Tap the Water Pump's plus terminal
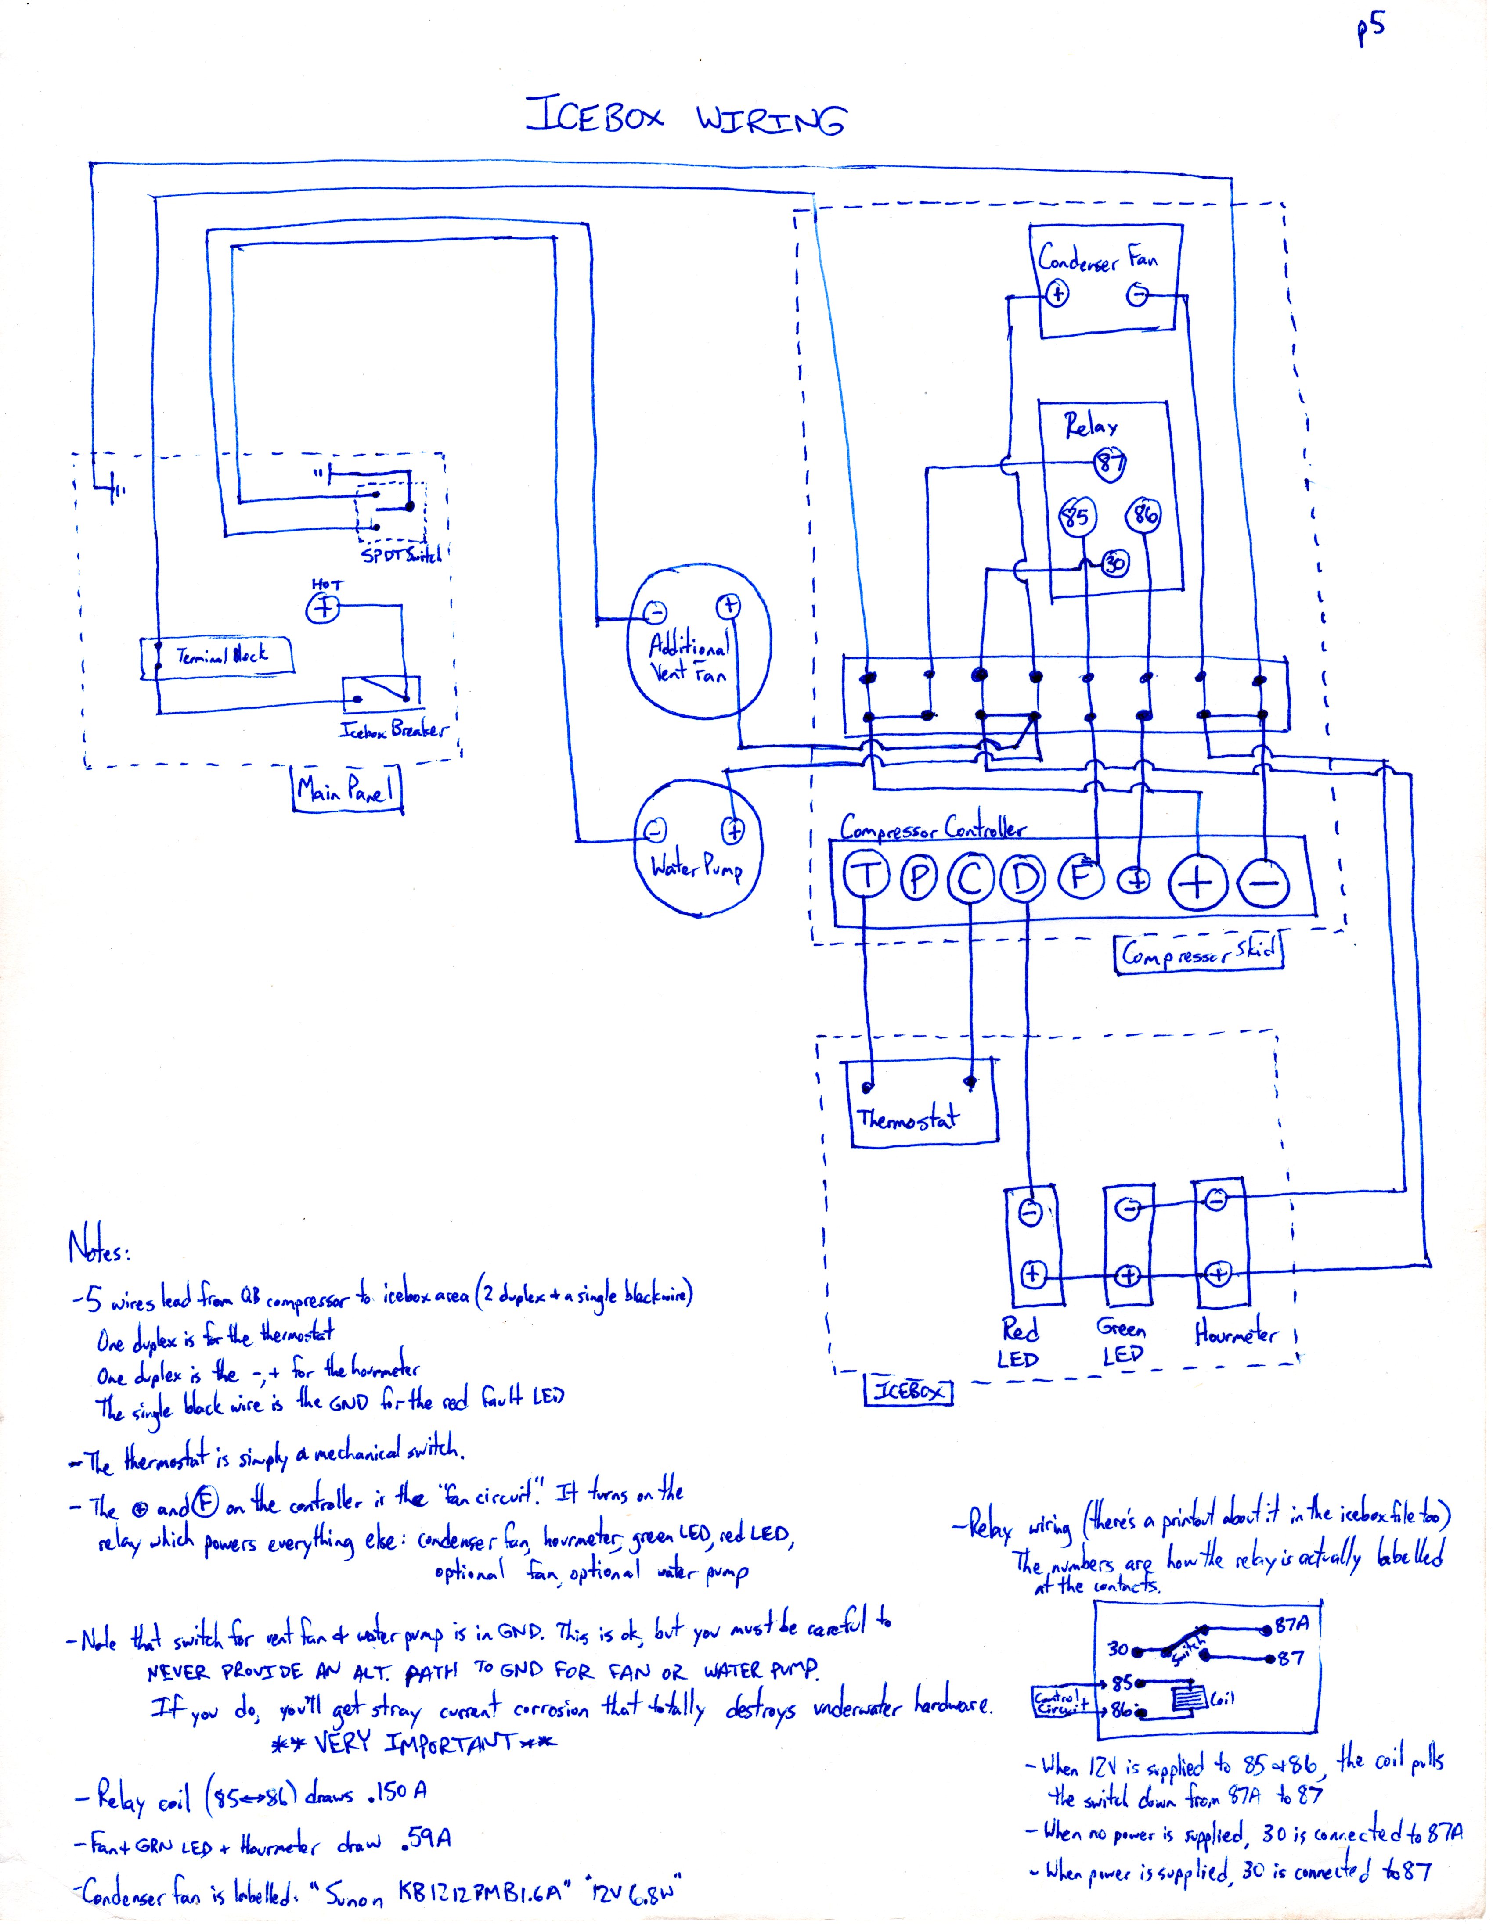coord(733,830)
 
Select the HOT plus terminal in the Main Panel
coord(324,608)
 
